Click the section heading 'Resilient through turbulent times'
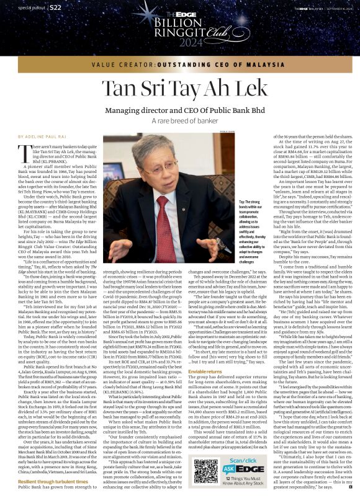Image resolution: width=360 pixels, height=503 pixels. pyautogui.click(x=54, y=481)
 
